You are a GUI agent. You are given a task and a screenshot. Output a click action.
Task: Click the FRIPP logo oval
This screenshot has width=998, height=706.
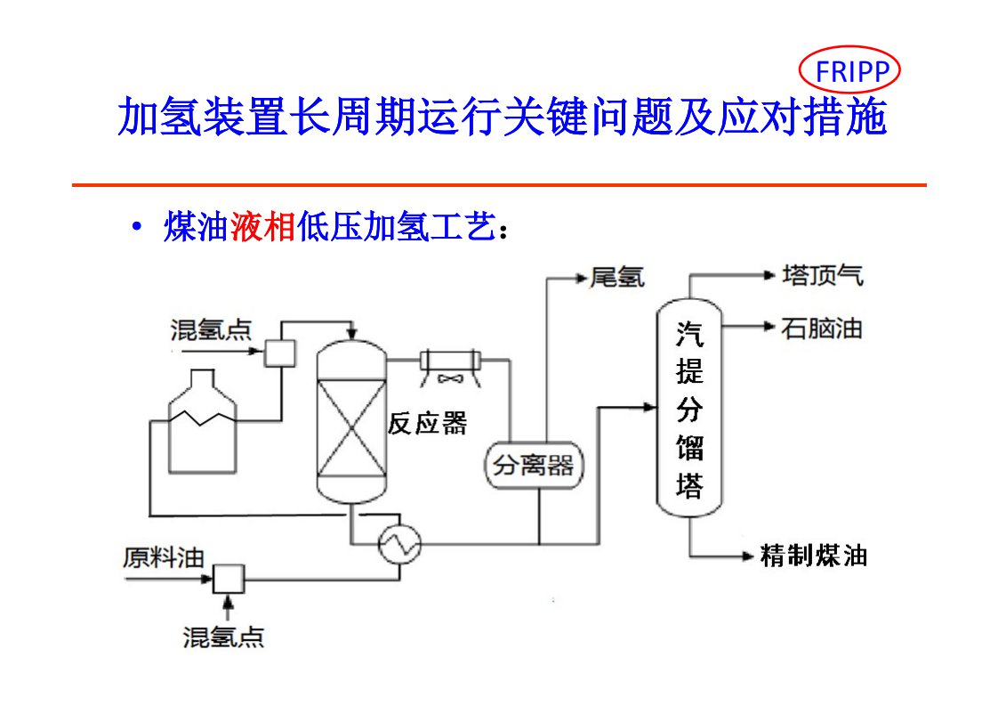pyautogui.click(x=849, y=70)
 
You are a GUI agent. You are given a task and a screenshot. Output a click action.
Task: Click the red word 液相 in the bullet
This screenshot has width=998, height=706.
pyautogui.click(x=262, y=228)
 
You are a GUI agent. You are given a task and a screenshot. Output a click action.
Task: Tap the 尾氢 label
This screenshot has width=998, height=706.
pyautogui.click(x=616, y=278)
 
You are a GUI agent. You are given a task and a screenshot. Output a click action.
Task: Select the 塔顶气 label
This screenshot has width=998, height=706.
pyautogui.click(x=822, y=275)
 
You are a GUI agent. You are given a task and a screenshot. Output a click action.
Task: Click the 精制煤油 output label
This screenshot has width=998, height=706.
pyautogui.click(x=813, y=556)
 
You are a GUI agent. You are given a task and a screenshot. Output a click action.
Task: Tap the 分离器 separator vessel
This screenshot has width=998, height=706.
pyautogui.click(x=534, y=464)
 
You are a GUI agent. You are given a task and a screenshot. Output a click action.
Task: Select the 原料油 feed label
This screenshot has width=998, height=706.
pyautogui.click(x=164, y=558)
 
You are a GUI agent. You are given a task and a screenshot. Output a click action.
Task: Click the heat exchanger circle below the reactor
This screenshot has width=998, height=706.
pyautogui.click(x=398, y=543)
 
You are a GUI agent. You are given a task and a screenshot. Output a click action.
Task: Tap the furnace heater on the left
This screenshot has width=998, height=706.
pyautogui.click(x=203, y=423)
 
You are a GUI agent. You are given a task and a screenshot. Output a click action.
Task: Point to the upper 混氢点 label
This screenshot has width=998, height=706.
pyautogui.click(x=211, y=330)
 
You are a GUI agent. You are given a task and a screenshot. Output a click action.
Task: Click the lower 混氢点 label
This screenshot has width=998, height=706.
pyautogui.click(x=223, y=637)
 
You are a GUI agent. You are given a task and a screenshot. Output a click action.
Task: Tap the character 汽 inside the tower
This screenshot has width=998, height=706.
pyautogui.click(x=688, y=334)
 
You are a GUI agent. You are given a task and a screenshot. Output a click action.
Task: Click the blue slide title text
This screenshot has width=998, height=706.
pyautogui.click(x=502, y=118)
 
